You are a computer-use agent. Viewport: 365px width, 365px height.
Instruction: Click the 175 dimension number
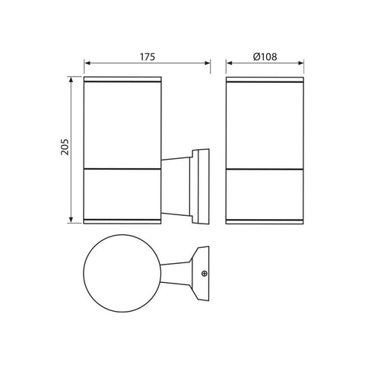(x=148, y=57)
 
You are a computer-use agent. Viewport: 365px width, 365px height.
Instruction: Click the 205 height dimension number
(x=65, y=147)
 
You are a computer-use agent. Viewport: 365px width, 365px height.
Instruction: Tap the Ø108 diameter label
(x=265, y=57)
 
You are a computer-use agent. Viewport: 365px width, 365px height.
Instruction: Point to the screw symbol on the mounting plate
(x=205, y=274)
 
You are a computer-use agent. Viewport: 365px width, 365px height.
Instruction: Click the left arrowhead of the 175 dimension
(x=87, y=63)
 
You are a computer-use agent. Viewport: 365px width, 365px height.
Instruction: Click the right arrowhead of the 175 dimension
(x=207, y=63)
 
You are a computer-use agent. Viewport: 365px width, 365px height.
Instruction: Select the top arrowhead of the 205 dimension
(x=71, y=80)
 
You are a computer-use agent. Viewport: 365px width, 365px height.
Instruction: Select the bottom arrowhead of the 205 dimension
(x=71, y=220)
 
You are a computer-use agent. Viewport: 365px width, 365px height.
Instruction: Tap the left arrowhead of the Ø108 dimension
(x=230, y=63)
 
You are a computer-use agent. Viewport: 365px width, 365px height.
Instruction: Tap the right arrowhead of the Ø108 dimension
(x=300, y=63)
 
